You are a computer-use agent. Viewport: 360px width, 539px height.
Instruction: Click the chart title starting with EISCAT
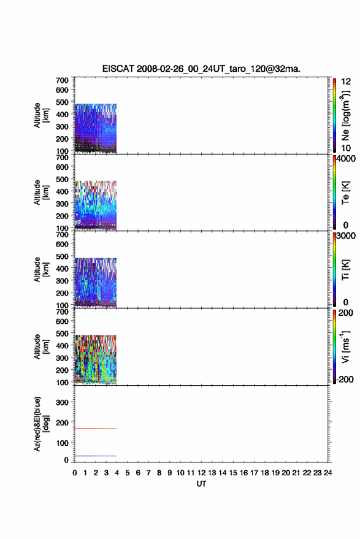pos(201,69)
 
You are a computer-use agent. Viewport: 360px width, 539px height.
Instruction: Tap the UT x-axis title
pos(201,484)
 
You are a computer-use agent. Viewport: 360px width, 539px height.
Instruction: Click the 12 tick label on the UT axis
pos(202,473)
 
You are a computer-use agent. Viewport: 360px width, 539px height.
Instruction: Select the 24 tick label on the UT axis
pos(327,473)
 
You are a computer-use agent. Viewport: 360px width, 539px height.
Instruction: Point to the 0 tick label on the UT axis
pos(75,473)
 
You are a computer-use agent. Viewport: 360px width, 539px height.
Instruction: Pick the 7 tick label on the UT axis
pos(148,473)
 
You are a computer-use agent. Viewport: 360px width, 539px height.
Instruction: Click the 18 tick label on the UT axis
pos(265,473)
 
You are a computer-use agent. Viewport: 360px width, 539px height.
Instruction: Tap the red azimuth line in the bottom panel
pos(96,428)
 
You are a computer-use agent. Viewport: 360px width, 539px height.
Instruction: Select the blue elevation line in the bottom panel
pos(96,456)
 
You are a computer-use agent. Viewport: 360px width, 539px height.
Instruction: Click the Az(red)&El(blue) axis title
pos(41,424)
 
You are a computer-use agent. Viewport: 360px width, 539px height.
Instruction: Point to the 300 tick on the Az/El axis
pos(62,402)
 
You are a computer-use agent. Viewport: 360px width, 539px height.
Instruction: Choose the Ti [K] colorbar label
pos(345,270)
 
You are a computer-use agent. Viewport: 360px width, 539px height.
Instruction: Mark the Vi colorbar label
pos(345,346)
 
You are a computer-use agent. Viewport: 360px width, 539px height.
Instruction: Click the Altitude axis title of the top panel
pos(41,115)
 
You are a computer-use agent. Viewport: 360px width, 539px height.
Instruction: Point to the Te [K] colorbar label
pos(345,193)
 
